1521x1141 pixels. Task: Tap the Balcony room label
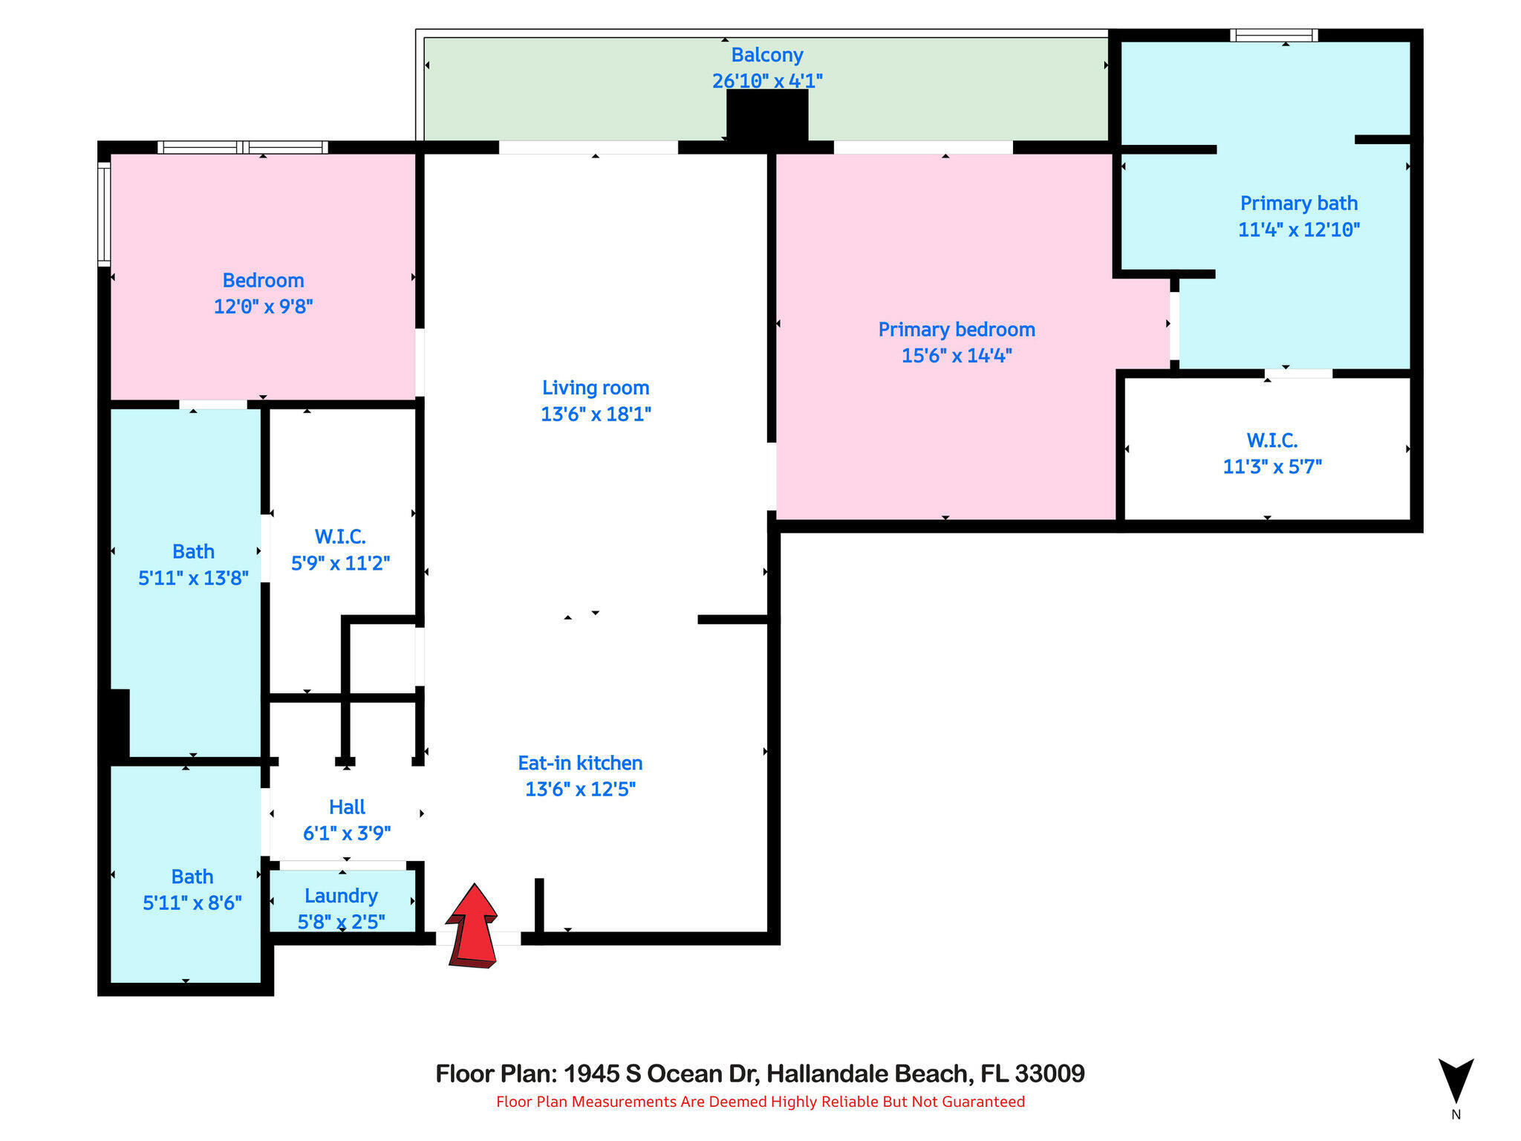(x=767, y=55)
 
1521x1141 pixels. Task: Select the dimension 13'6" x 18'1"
(x=596, y=415)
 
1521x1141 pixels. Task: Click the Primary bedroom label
(x=957, y=330)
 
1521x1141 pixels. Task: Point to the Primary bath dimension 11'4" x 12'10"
(x=1299, y=230)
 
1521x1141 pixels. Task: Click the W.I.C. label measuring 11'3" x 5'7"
(x=1272, y=441)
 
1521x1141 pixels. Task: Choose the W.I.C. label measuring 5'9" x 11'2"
(x=340, y=536)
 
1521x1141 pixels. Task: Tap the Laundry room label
(x=341, y=896)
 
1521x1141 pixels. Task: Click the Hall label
(x=347, y=807)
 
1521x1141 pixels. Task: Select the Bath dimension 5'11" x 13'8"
(x=193, y=578)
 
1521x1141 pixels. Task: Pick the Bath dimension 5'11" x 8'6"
(x=192, y=903)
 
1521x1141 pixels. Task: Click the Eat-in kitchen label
(x=580, y=764)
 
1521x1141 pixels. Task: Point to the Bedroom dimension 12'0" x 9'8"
(x=264, y=307)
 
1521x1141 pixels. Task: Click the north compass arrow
(x=1456, y=1081)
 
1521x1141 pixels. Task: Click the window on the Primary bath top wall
(x=1274, y=35)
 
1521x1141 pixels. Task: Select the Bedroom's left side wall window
(x=105, y=214)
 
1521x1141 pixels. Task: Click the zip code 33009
(x=1049, y=1073)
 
